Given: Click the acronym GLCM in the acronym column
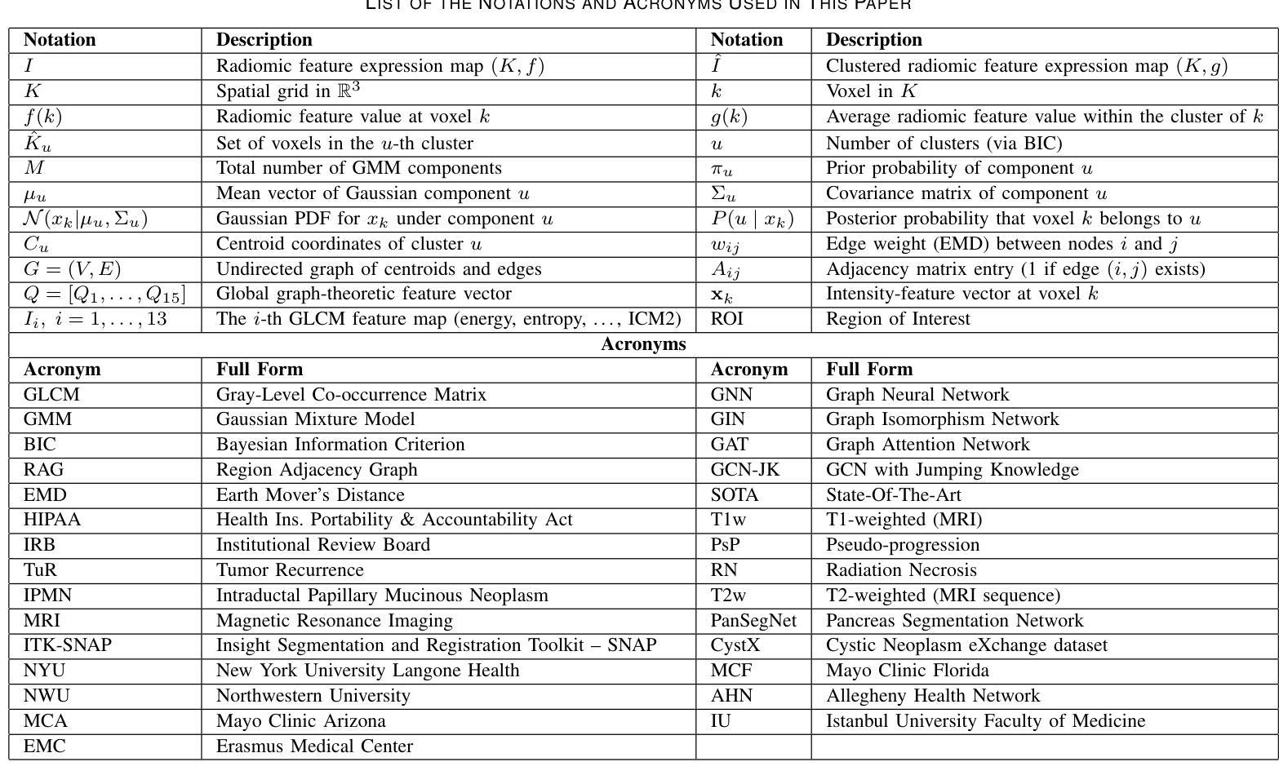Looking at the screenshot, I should click(51, 395).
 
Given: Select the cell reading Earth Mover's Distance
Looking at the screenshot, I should click(310, 495).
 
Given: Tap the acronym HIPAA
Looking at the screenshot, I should click(52, 520).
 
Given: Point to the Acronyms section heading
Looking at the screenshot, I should click(643, 344).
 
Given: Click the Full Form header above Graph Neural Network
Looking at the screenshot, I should click(869, 370).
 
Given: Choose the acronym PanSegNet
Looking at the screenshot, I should click(753, 621).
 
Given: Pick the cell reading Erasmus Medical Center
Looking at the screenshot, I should click(314, 746).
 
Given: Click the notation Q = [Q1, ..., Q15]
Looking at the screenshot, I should click(104, 294).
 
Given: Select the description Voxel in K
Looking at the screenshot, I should click(872, 91).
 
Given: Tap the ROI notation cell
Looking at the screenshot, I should click(727, 319).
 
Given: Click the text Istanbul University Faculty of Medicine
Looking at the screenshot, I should click(985, 721).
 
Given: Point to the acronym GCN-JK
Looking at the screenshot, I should click(745, 470).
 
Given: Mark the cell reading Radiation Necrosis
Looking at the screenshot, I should click(901, 570).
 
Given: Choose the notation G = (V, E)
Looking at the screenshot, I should click(73, 269).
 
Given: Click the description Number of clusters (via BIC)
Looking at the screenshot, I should click(944, 144).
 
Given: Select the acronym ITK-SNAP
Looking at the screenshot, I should click(68, 645).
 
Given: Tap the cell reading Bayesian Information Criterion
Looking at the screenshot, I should click(340, 445).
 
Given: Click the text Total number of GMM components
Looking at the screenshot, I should click(358, 168).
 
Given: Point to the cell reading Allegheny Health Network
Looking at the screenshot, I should click(933, 696).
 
